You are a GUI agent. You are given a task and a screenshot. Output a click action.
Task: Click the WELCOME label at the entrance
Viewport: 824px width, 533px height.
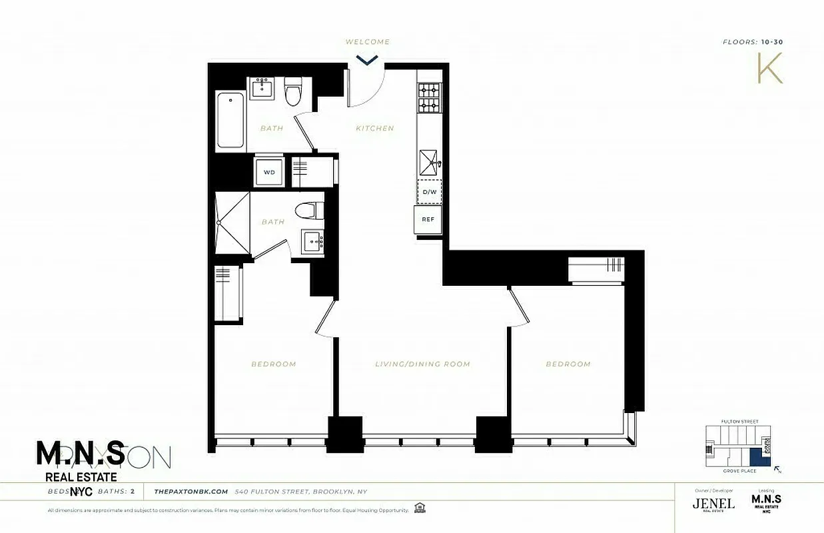[x=367, y=42]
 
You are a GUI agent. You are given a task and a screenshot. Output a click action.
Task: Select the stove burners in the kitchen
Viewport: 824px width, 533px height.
[x=429, y=97]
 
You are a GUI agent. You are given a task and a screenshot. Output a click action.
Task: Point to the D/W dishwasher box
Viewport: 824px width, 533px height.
[x=429, y=192]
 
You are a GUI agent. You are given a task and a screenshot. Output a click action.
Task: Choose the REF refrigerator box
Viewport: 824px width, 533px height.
[x=428, y=219]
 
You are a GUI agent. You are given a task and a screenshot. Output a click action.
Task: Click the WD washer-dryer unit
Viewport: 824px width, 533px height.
[x=269, y=172]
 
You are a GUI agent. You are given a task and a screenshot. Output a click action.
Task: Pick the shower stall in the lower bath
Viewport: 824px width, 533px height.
[x=232, y=223]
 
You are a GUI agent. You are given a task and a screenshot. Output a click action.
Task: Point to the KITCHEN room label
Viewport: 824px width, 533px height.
[x=374, y=129]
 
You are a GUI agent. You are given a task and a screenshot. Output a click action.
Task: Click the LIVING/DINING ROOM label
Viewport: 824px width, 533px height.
[x=422, y=364]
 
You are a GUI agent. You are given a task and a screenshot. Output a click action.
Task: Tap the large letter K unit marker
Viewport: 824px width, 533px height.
[x=769, y=68]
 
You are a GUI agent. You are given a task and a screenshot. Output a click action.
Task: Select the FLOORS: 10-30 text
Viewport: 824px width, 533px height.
[x=752, y=42]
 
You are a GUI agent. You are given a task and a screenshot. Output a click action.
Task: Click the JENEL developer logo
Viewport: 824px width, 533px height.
[x=713, y=503]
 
